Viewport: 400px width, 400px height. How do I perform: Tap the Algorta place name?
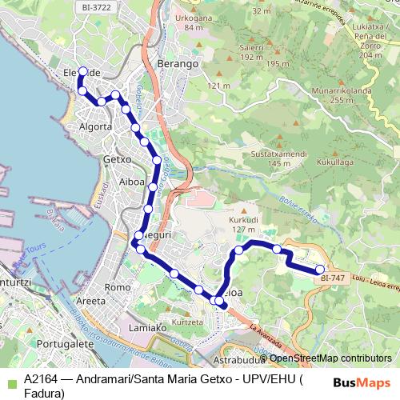[96, 126]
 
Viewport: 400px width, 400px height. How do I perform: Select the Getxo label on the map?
[117, 159]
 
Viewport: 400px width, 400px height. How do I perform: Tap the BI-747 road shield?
[332, 278]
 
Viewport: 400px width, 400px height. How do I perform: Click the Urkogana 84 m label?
[194, 22]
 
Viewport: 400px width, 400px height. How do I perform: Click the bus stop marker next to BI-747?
[320, 269]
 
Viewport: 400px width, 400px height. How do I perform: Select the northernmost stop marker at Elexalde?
[82, 71]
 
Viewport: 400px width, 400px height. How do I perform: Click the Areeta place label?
[90, 301]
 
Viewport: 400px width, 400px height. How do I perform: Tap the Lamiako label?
[147, 327]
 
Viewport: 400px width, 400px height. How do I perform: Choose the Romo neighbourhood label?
[118, 287]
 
